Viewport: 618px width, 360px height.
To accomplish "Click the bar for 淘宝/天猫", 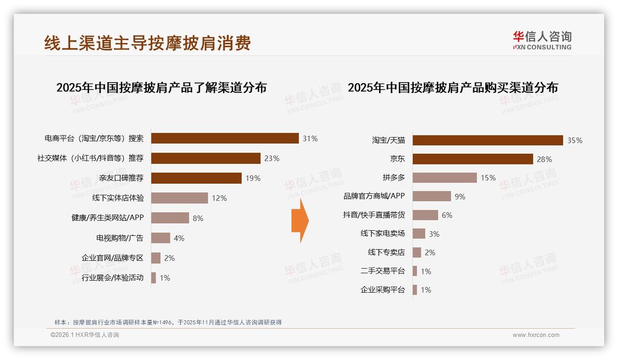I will pos(487,140).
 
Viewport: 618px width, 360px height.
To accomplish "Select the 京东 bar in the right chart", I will pos(473,159).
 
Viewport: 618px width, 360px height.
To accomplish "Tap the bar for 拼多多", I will pos(445,178).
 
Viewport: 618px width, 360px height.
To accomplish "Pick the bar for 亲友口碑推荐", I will pos(196,178).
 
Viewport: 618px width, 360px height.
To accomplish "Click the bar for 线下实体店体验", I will pos(179,198).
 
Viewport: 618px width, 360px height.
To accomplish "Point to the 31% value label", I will pos(310,138).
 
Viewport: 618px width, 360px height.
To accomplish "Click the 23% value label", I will pos(272,158).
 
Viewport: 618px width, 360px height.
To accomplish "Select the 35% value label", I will pos(575,140).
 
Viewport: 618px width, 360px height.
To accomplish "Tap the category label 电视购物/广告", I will pos(119,238).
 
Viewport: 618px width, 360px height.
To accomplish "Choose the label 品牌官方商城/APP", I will pos(374,196).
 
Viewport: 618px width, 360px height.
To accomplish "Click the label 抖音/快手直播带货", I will pos(374,215).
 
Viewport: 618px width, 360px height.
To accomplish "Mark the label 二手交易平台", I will pos(382,271).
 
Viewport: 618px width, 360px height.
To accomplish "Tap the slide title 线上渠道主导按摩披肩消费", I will pos(148,43).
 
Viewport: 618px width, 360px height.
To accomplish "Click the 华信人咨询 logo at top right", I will pos(542,40).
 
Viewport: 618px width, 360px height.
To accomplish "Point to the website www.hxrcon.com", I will pos(536,335).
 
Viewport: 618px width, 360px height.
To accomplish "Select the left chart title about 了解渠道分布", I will pos(161,88).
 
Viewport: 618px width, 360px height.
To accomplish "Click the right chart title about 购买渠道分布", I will pos(453,88).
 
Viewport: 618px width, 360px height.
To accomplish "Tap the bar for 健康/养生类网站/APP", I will pos(170,218).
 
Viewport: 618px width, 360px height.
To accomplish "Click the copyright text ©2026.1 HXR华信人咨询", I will pos(85,335).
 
